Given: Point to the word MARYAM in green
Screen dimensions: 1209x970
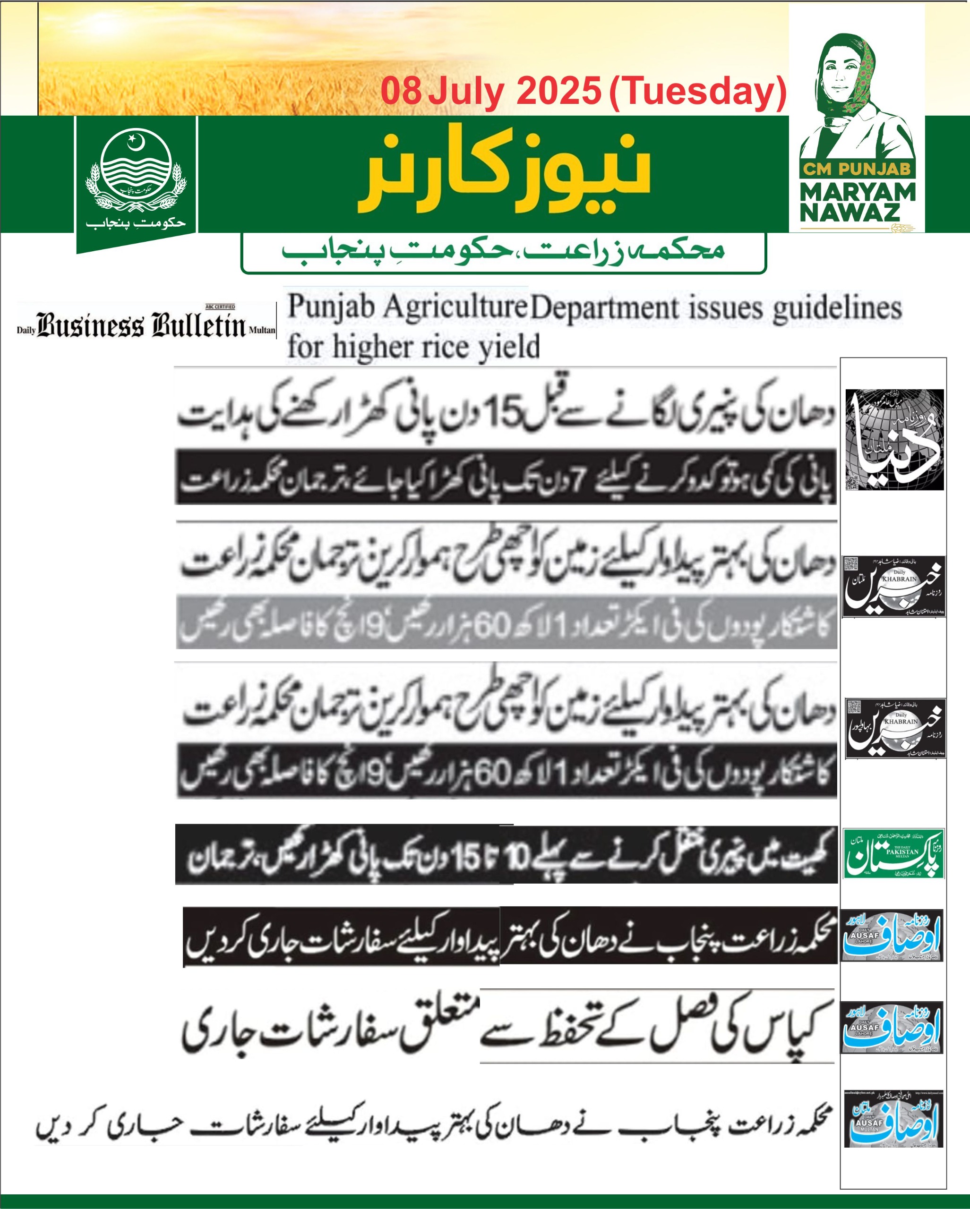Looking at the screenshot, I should click(x=858, y=192).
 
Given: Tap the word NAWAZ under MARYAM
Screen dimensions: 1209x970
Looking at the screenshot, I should click(x=850, y=213).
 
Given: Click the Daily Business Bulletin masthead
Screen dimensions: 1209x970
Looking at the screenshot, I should click(x=146, y=325).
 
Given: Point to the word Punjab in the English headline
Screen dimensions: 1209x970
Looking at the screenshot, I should click(x=323, y=307).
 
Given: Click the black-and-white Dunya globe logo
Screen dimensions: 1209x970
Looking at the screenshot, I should click(x=894, y=439).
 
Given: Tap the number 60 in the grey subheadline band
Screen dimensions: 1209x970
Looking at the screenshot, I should click(x=492, y=627).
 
